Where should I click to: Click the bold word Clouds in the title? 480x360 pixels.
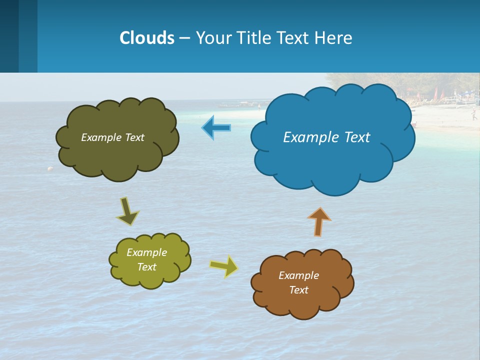pos(146,38)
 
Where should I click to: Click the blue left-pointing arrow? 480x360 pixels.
pos(216,128)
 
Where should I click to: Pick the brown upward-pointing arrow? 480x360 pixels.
pos(319,221)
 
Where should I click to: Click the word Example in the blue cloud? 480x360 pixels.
pos(306,137)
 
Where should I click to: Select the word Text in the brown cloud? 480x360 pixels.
pos(299,290)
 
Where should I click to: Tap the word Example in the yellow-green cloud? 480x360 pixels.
pos(146,252)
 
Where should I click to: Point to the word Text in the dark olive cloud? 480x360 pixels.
pos(133,137)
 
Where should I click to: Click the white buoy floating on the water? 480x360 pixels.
pos(50,169)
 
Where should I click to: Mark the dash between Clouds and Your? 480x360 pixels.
pos(184,38)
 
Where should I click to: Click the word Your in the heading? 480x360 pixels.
pos(213,38)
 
